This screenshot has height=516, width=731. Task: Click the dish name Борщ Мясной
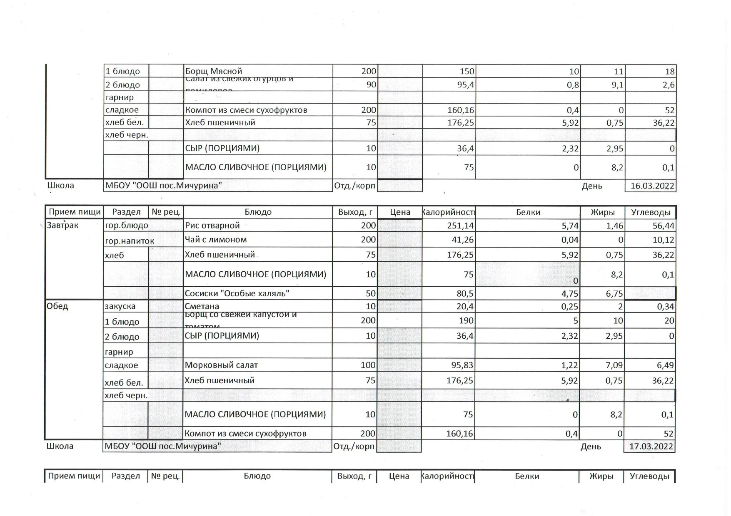point(214,71)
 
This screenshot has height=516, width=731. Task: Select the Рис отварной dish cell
point(212,226)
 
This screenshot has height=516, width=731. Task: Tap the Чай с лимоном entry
point(216,240)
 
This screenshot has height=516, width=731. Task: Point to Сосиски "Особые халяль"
point(237,293)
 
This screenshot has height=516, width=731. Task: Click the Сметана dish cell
point(202,306)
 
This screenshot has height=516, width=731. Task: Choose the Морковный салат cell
point(221,365)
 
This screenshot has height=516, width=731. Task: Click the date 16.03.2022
point(652,186)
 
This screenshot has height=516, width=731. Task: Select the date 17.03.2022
point(651,447)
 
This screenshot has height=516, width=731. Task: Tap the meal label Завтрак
point(62,226)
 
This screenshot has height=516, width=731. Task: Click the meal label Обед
point(57,306)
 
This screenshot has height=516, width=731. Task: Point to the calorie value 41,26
point(463,240)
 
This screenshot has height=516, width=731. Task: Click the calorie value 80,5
point(464,293)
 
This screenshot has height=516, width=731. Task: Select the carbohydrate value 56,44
point(662,226)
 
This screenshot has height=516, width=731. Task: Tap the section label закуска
point(120,306)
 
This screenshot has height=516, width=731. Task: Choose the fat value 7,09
point(614,365)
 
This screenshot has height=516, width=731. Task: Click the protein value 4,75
point(570,293)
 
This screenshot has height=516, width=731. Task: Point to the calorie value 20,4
point(465,307)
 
